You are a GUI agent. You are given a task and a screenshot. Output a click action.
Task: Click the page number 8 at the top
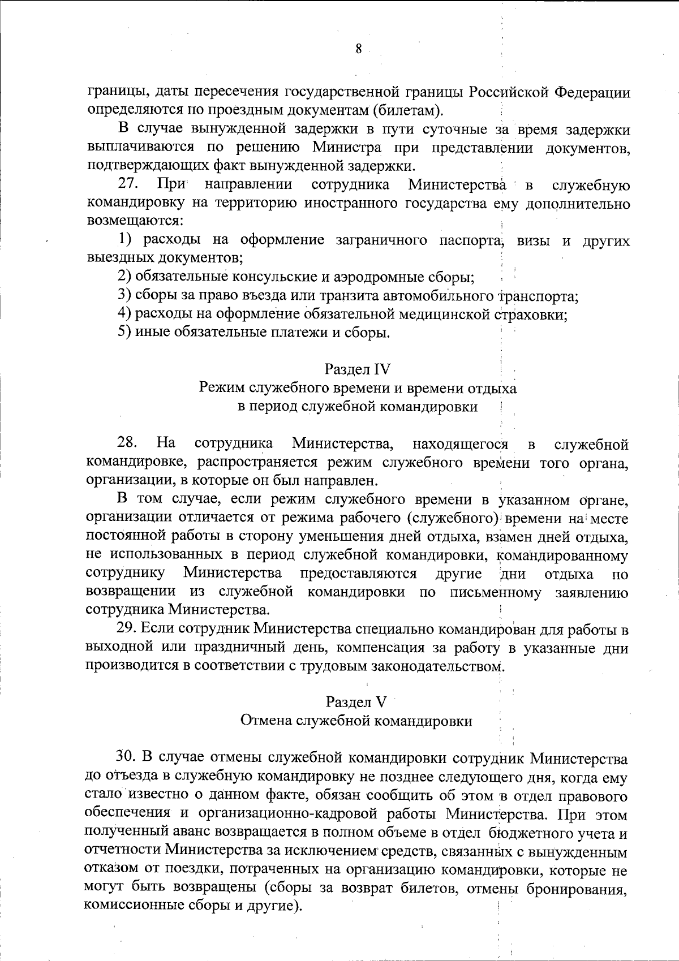(x=358, y=49)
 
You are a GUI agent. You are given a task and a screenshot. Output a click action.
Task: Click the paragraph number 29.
(x=127, y=628)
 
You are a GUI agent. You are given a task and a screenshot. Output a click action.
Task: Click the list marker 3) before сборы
(x=124, y=296)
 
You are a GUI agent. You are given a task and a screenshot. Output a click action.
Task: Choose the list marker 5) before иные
(x=124, y=332)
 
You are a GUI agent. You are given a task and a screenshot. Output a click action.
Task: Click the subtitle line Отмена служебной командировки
(x=356, y=721)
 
